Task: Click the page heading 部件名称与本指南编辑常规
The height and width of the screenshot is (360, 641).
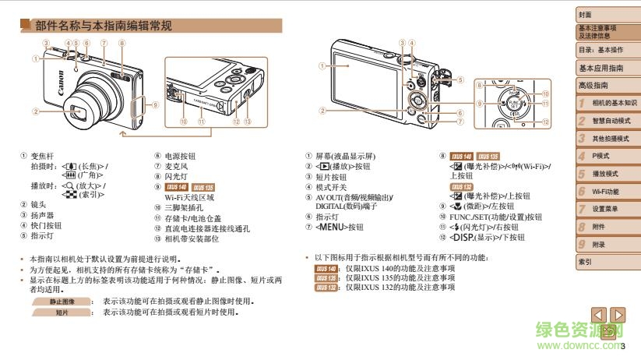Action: [104, 26]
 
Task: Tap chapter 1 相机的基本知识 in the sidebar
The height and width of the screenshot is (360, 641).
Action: [613, 103]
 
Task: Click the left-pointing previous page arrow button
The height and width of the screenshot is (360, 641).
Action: [598, 315]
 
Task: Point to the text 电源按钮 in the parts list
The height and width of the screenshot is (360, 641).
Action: [180, 156]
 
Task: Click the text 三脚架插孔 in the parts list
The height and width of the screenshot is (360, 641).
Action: [182, 208]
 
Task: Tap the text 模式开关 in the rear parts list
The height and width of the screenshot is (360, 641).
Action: [332, 186]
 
